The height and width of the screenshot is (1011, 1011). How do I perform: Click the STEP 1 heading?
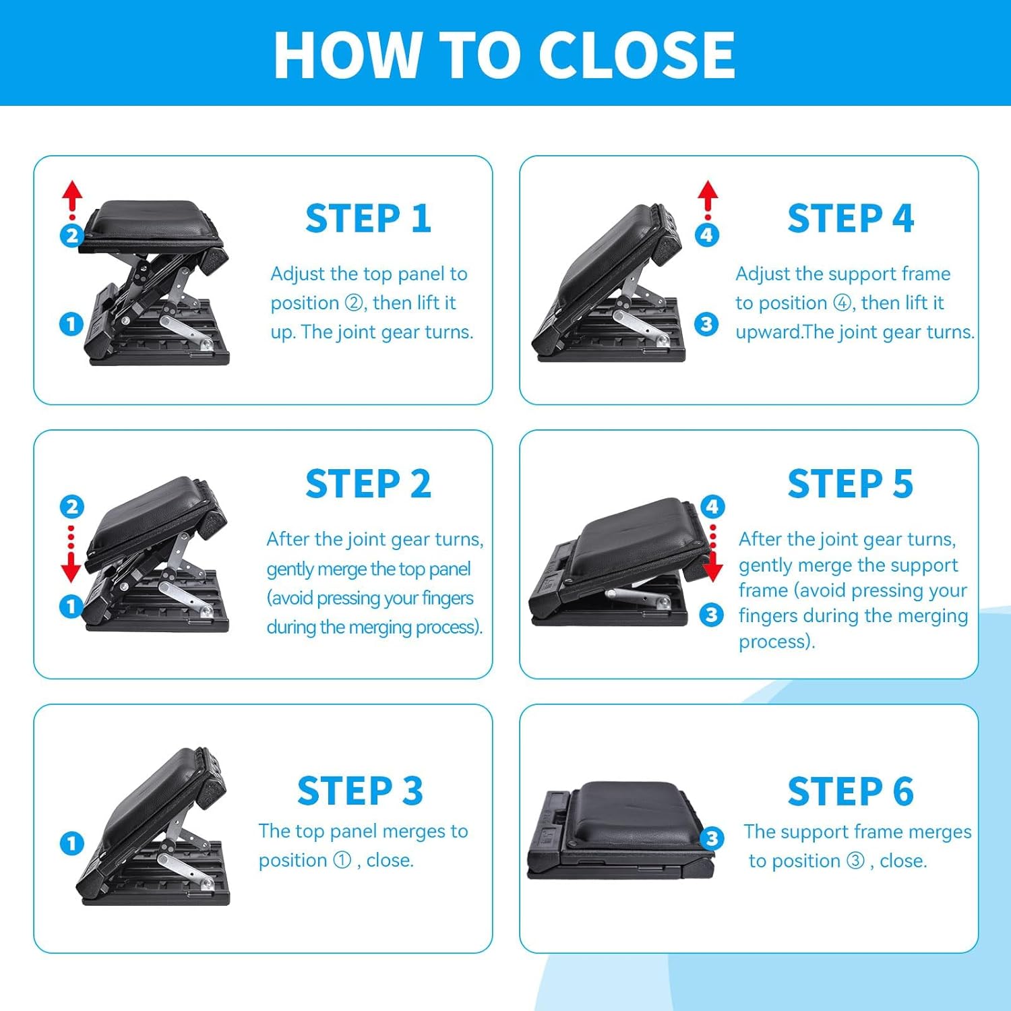click(x=368, y=218)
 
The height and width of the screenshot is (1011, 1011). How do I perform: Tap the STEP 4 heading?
click(x=851, y=218)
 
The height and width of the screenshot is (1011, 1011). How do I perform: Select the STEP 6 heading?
click(x=851, y=791)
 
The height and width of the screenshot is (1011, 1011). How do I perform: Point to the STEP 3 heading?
click(x=360, y=791)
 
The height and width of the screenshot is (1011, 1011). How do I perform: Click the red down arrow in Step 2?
click(x=71, y=553)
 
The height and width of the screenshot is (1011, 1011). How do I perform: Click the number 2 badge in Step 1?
click(x=71, y=235)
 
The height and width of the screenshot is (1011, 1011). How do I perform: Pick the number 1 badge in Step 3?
click(x=72, y=843)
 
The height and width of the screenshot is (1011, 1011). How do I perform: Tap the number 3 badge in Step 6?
click(x=712, y=838)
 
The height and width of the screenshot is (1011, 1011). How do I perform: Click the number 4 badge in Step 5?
click(x=712, y=506)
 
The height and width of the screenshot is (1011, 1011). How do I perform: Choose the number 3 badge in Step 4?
click(x=706, y=324)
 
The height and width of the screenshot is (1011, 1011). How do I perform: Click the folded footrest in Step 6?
click(x=621, y=831)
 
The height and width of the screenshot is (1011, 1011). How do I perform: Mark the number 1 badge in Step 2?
click(x=71, y=606)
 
